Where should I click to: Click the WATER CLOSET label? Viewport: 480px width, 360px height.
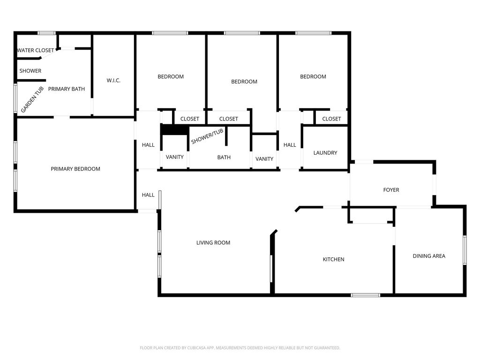tap(36, 50)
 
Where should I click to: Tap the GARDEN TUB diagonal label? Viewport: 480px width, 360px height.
tap(32, 99)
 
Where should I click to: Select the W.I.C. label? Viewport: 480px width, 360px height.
tap(113, 81)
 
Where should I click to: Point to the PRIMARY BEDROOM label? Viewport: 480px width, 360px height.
tap(75, 169)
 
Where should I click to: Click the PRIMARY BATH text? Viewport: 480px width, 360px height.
tap(67, 89)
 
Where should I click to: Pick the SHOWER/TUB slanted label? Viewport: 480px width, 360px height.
tap(207, 136)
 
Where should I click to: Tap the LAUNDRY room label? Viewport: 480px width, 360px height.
tap(325, 153)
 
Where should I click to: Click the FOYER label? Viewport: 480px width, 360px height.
tap(391, 190)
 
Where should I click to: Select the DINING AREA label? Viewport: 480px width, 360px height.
tap(429, 256)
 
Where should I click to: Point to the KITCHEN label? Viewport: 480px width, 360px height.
tap(333, 259)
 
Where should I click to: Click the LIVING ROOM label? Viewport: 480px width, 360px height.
tap(213, 243)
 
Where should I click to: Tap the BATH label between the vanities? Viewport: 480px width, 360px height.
tap(224, 157)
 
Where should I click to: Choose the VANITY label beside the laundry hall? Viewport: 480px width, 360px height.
tap(264, 159)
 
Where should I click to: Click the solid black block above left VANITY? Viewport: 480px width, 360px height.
tap(175, 129)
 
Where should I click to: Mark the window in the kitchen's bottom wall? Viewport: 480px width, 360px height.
tap(366, 295)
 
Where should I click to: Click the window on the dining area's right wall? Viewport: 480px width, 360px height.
tap(465, 250)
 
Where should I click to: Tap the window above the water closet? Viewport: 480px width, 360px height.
tap(47, 33)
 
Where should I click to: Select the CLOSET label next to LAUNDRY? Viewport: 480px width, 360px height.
tap(331, 119)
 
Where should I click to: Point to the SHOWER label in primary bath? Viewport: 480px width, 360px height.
tap(30, 71)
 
